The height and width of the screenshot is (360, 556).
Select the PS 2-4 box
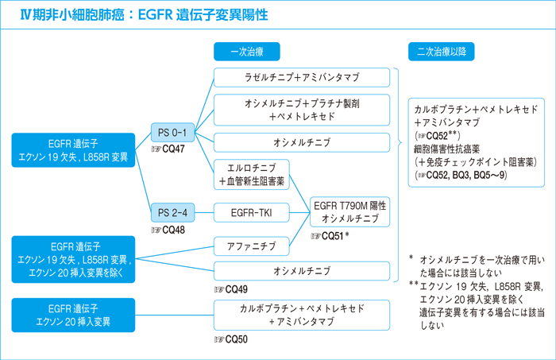point(173,212)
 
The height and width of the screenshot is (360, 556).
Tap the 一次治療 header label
point(247,52)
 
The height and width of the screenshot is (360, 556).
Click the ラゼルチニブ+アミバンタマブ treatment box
point(302,78)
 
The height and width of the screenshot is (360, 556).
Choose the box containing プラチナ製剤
point(302,110)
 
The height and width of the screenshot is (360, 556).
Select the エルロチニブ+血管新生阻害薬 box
point(251,175)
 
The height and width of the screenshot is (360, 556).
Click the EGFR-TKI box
point(251,212)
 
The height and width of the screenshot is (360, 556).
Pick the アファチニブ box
point(251,246)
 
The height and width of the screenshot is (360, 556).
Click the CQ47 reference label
point(172,149)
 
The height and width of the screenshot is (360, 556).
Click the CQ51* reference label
point(330,236)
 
